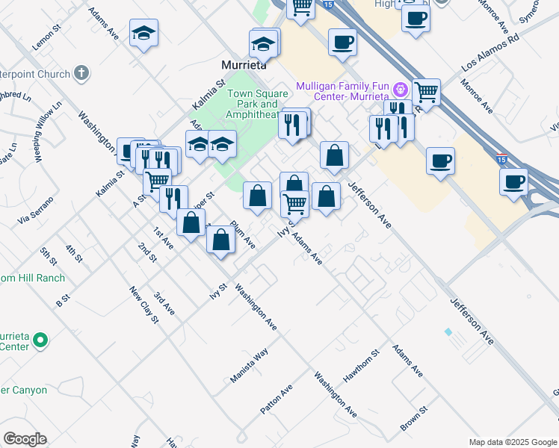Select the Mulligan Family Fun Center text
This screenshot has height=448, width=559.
click(342, 92)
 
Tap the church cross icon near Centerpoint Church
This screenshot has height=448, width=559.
click(81, 73)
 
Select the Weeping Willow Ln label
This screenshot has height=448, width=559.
click(46, 132)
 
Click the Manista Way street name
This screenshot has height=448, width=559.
click(249, 366)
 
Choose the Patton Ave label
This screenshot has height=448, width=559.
click(277, 400)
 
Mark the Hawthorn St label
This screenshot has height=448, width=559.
click(361, 366)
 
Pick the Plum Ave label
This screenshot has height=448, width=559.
click(244, 234)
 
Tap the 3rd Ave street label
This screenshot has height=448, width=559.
click(164, 303)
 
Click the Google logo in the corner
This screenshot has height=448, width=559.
click(25, 439)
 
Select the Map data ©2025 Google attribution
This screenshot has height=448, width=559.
click(513, 442)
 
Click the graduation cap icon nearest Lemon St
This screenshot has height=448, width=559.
click(143, 34)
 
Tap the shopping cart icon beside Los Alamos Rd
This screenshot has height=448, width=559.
click(425, 93)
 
